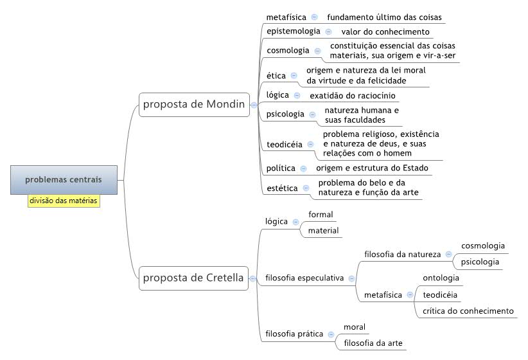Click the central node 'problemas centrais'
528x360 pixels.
click(x=64, y=179)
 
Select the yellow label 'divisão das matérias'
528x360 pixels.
click(x=64, y=201)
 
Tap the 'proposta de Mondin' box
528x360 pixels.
click(x=194, y=105)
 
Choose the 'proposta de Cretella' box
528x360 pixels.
click(x=193, y=278)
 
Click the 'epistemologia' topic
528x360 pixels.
click(x=294, y=32)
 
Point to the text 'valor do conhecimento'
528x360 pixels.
click(x=385, y=32)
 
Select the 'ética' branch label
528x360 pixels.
click(x=276, y=75)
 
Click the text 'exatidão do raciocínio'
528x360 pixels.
click(x=353, y=96)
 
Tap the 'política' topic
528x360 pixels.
click(x=281, y=168)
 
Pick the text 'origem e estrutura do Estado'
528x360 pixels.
click(x=372, y=168)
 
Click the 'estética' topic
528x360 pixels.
click(x=282, y=188)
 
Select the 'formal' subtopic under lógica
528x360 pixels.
click(x=321, y=214)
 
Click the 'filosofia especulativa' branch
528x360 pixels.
click(x=304, y=278)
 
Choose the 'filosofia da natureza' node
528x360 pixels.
click(x=402, y=254)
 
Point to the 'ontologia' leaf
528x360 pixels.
click(x=441, y=278)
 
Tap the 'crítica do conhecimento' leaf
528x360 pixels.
click(x=468, y=310)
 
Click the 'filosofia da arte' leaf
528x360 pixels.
click(x=373, y=343)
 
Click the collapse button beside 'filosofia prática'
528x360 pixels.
click(x=331, y=334)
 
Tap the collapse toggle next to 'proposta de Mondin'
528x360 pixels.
click(x=254, y=105)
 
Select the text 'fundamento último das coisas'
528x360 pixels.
click(x=384, y=17)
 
